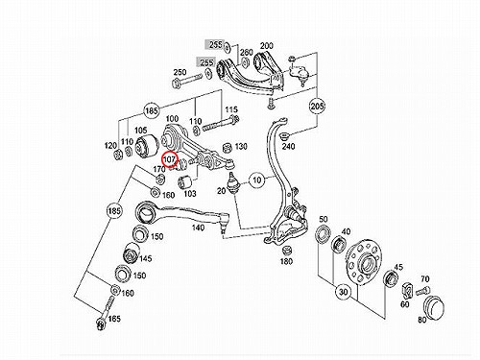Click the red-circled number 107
(169, 159)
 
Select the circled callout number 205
(317, 106)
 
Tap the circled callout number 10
(257, 180)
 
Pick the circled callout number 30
(343, 292)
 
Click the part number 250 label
(180, 72)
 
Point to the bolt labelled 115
(220, 125)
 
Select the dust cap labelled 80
(433, 305)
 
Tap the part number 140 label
(198, 228)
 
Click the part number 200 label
(267, 46)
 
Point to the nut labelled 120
(118, 155)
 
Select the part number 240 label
(289, 147)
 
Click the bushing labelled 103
(184, 181)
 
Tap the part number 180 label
(286, 261)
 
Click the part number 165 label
(114, 319)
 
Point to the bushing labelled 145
(131, 253)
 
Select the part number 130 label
(241, 147)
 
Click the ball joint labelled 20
(233, 183)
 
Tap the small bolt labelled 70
(421, 291)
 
